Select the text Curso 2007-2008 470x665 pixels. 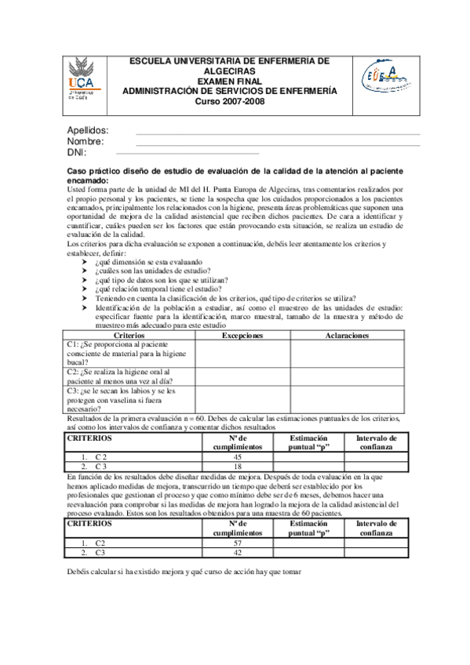(229, 101)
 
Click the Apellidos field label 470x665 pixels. (87, 130)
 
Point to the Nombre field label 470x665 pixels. (86, 141)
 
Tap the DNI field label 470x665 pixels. (76, 152)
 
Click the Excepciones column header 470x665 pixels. (242, 335)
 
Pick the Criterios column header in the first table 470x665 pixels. (128, 335)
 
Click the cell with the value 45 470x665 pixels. (237, 456)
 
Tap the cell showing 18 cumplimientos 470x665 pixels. (237, 466)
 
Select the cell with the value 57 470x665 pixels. (237, 542)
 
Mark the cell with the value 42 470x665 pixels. (237, 552)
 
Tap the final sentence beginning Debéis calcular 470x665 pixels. (184, 572)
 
